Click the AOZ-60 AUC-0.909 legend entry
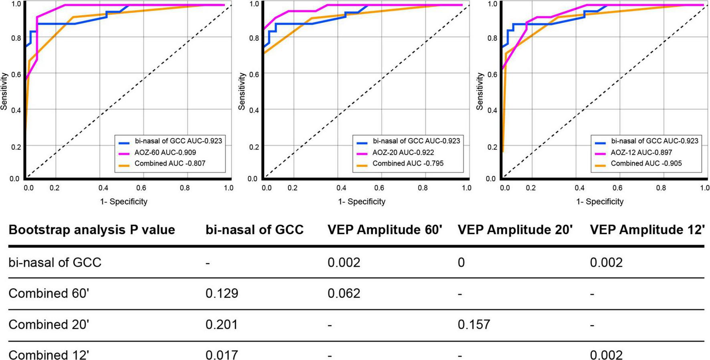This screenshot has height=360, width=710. (165, 152)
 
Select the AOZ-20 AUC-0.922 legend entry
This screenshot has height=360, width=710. (403, 152)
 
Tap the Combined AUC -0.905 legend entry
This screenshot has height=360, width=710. (646, 163)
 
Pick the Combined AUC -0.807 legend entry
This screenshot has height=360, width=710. (169, 163)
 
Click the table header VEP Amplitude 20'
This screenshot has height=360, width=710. (515, 230)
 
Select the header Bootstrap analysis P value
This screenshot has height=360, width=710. (92, 230)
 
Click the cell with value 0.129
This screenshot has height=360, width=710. (222, 294)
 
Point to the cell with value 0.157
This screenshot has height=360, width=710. (474, 324)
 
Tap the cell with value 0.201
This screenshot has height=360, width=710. (222, 324)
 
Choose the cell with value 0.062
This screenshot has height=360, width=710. (344, 294)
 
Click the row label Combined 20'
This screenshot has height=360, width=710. (48, 324)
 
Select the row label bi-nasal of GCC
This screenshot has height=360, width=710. (55, 263)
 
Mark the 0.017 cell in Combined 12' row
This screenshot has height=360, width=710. (222, 355)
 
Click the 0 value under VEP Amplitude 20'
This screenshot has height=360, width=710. (461, 263)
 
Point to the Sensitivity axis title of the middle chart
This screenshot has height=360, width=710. (241, 91)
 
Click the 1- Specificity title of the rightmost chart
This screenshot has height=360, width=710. (600, 201)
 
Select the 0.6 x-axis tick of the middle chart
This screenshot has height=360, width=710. (379, 187)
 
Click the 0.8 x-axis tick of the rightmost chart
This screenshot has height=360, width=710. (661, 187)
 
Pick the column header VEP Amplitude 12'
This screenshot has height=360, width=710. (647, 230)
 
